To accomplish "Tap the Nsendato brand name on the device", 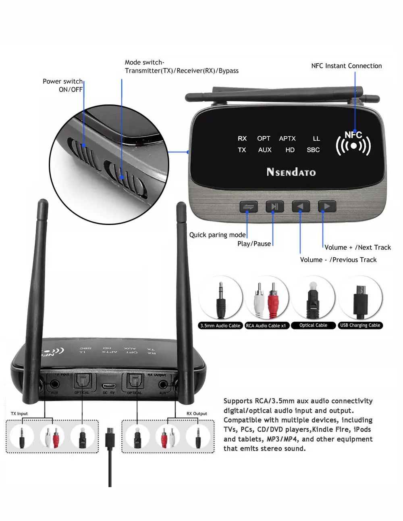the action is click(291, 172).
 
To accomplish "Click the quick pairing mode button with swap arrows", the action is click(248, 207).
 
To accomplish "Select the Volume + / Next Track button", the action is click(327, 206).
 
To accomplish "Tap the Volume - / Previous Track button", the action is click(301, 206).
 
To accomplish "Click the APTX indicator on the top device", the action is click(287, 138).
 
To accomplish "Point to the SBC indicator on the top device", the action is click(313, 150).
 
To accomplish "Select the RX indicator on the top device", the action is click(242, 138).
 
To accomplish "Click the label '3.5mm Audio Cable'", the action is click(220, 325).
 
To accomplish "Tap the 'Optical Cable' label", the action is click(313, 325).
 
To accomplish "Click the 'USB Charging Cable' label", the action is click(360, 325).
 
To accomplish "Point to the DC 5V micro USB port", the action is click(109, 386).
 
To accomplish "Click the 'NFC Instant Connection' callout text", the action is click(346, 66).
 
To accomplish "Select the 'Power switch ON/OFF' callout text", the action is click(63, 85).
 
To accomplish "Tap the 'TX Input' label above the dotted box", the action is click(19, 413).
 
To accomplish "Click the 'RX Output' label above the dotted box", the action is click(197, 413).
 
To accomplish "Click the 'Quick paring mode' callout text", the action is click(217, 235).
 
